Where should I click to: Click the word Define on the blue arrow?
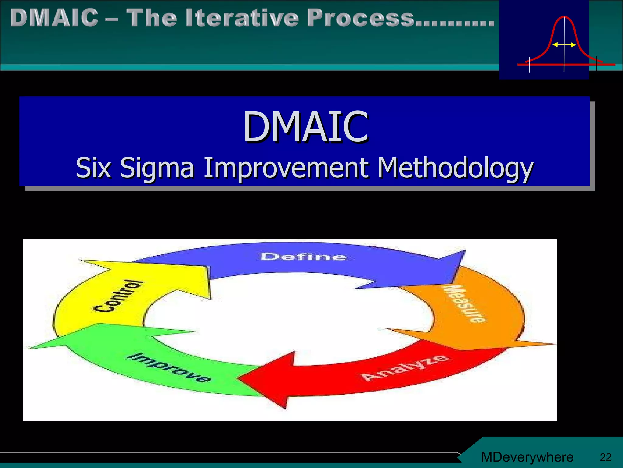click(x=304, y=257)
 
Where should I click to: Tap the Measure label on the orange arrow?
click(x=464, y=304)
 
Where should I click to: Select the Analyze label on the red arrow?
click(x=405, y=368)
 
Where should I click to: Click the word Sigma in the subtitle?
click(x=157, y=168)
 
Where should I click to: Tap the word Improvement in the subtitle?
click(x=286, y=168)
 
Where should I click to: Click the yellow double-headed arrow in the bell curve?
click(x=564, y=45)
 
